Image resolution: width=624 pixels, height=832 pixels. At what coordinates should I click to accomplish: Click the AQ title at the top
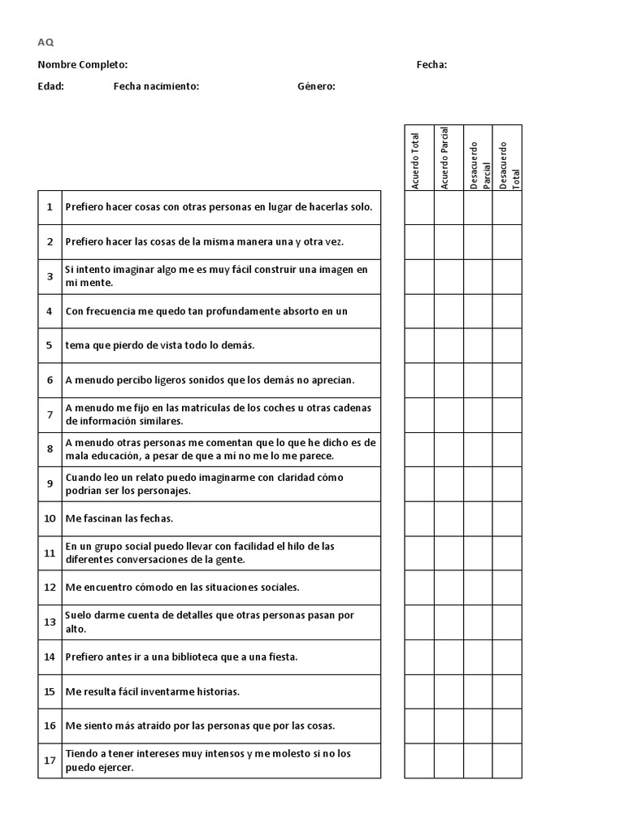(45, 43)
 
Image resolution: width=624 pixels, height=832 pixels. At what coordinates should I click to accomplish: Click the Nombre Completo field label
(82, 65)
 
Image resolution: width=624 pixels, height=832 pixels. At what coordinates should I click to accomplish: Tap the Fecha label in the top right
(431, 65)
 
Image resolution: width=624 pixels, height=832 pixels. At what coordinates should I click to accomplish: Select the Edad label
(50, 86)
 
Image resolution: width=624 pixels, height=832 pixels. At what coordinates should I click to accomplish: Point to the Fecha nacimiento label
(156, 86)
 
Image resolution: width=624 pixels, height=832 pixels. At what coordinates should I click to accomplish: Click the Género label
(316, 86)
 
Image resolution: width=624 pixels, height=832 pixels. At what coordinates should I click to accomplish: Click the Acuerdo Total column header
(416, 160)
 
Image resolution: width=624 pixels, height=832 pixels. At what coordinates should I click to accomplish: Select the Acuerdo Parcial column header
(444, 158)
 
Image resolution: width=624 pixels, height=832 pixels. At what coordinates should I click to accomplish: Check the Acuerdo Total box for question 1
(419, 207)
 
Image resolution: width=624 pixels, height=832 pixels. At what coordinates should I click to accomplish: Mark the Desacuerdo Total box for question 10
(507, 518)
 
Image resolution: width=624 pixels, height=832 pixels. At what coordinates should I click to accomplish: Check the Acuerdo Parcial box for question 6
(448, 380)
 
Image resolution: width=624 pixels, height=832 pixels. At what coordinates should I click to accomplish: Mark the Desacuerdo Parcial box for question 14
(478, 656)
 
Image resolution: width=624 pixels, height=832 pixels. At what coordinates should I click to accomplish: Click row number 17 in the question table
(50, 760)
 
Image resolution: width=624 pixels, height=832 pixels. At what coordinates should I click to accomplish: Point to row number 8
(50, 449)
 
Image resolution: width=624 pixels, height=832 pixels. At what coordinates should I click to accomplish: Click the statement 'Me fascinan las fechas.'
(119, 518)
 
